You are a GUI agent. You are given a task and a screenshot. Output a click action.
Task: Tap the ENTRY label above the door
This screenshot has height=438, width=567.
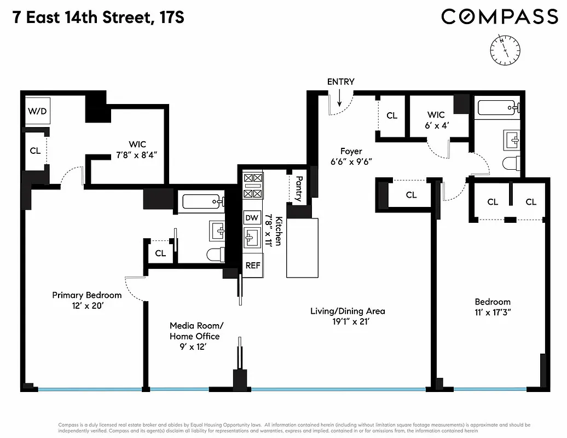(x=340, y=82)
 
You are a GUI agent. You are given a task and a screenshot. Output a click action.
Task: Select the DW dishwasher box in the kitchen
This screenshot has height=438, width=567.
(x=252, y=218)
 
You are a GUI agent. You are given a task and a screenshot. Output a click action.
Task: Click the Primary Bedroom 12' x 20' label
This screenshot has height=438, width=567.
(x=86, y=300)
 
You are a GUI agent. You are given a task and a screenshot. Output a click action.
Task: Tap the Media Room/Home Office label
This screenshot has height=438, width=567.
(x=195, y=331)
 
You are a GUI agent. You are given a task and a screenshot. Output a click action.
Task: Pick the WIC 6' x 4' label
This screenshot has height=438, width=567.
(x=436, y=120)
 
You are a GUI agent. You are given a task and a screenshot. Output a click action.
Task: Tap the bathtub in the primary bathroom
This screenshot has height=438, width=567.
(x=201, y=202)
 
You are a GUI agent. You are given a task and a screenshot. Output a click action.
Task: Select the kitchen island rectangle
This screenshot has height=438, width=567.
(x=302, y=247)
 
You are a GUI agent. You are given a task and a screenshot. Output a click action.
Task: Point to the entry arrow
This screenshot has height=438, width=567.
(x=339, y=99)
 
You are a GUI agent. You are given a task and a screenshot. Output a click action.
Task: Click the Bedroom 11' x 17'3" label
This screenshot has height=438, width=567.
(x=492, y=307)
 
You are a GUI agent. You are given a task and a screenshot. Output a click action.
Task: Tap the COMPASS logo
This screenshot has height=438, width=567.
(x=499, y=17)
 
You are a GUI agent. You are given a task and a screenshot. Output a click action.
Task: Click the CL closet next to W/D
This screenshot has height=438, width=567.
(x=35, y=151)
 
